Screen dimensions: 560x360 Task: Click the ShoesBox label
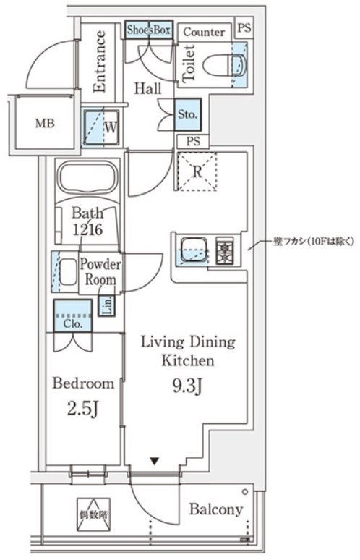pos(149,30)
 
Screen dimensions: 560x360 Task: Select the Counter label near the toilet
pos(203,32)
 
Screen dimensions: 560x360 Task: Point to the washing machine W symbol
pos(102,126)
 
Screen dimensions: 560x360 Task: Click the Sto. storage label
pos(187,115)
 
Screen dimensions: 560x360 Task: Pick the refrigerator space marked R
pos(197,172)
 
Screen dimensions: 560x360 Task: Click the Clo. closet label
pos(72,323)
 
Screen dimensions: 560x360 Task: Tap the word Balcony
pos(215,509)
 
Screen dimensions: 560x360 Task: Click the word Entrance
pos(99,61)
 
